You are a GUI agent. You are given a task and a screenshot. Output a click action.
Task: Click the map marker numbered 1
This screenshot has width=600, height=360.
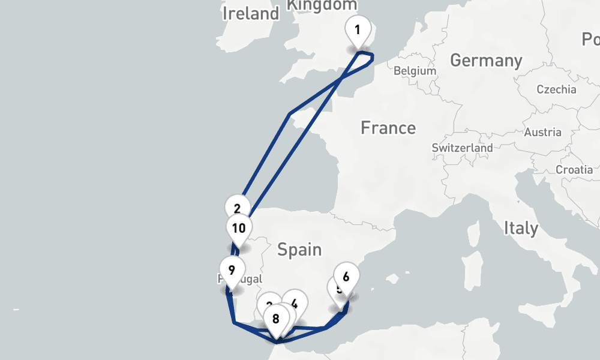pos(358,30)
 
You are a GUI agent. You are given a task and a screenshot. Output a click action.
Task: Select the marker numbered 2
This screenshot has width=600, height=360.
pos(237,208)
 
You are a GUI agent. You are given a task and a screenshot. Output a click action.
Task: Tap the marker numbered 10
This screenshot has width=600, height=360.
pos(239,229)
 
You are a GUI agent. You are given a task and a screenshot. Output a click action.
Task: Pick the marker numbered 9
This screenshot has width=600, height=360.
pos(232,269)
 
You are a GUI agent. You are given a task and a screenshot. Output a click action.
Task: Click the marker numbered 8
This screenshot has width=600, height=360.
pos(276,319)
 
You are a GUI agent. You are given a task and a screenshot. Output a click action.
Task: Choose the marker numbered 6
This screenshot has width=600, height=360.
pos(346,277)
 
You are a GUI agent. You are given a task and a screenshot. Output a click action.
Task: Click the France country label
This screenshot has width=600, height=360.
pos(388,128)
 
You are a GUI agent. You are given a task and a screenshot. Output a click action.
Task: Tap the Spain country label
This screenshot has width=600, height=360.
pos(299,249)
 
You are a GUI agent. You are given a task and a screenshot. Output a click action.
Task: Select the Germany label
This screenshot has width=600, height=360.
pos(486,61)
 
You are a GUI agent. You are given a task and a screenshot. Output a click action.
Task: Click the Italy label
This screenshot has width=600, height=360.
pos(521,228)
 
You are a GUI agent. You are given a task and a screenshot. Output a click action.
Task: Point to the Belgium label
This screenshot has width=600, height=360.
pos(415,71)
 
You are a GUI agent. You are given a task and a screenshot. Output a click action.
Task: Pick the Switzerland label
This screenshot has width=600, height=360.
pos(462,148)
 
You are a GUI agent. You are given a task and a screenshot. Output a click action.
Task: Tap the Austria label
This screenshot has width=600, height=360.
pos(542,132)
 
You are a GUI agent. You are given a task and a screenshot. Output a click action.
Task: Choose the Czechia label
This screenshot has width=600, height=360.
pos(556,89)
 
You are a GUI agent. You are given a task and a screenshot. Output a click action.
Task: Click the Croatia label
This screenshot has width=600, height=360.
pos(574,170)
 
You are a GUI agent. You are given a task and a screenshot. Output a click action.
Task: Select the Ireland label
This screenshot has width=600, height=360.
pos(251,13)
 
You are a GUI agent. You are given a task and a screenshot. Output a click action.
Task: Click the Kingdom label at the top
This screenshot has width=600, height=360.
pos(322,5)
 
